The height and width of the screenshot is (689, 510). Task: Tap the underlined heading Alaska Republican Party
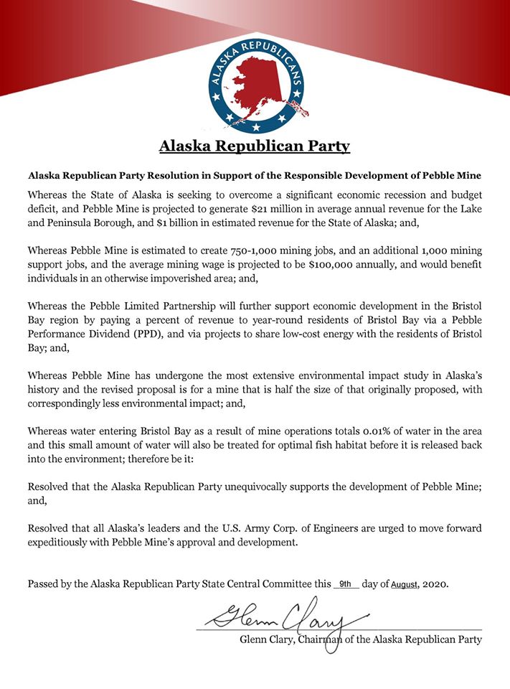255,146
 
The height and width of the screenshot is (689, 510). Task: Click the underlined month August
403,585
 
